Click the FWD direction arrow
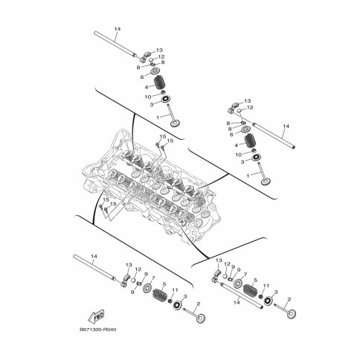coord(96,315)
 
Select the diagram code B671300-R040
coord(98,330)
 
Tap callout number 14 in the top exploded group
coord(118,29)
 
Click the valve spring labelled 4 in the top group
coord(160,83)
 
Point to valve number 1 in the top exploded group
coord(173,115)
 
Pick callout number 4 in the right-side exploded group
coord(236,145)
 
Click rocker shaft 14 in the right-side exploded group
coord(274,135)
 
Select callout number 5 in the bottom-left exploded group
coord(164,283)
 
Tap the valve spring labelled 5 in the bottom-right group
coord(248,289)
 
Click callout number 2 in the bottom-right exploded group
coord(289,300)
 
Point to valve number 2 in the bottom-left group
coord(195,314)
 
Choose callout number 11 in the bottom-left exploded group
coord(175,290)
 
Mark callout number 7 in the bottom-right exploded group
coord(245,274)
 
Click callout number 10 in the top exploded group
coord(148,97)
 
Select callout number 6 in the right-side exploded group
coord(231,135)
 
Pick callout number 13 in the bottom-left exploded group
coord(129,265)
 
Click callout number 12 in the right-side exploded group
coord(250,108)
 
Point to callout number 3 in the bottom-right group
coord(276,292)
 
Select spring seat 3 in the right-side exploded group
coord(255,158)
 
